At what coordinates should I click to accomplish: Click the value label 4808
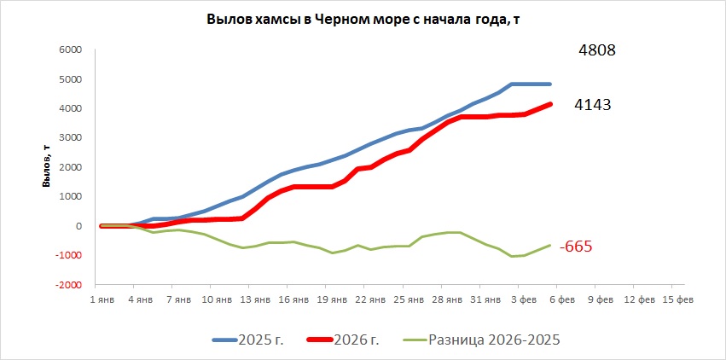point(596,50)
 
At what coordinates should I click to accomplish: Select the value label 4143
point(592,105)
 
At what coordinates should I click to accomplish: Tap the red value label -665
point(575,247)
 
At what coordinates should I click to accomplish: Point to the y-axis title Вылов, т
point(49,167)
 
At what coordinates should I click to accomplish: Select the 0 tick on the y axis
point(76,226)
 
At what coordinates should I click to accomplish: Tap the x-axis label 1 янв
point(102,299)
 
